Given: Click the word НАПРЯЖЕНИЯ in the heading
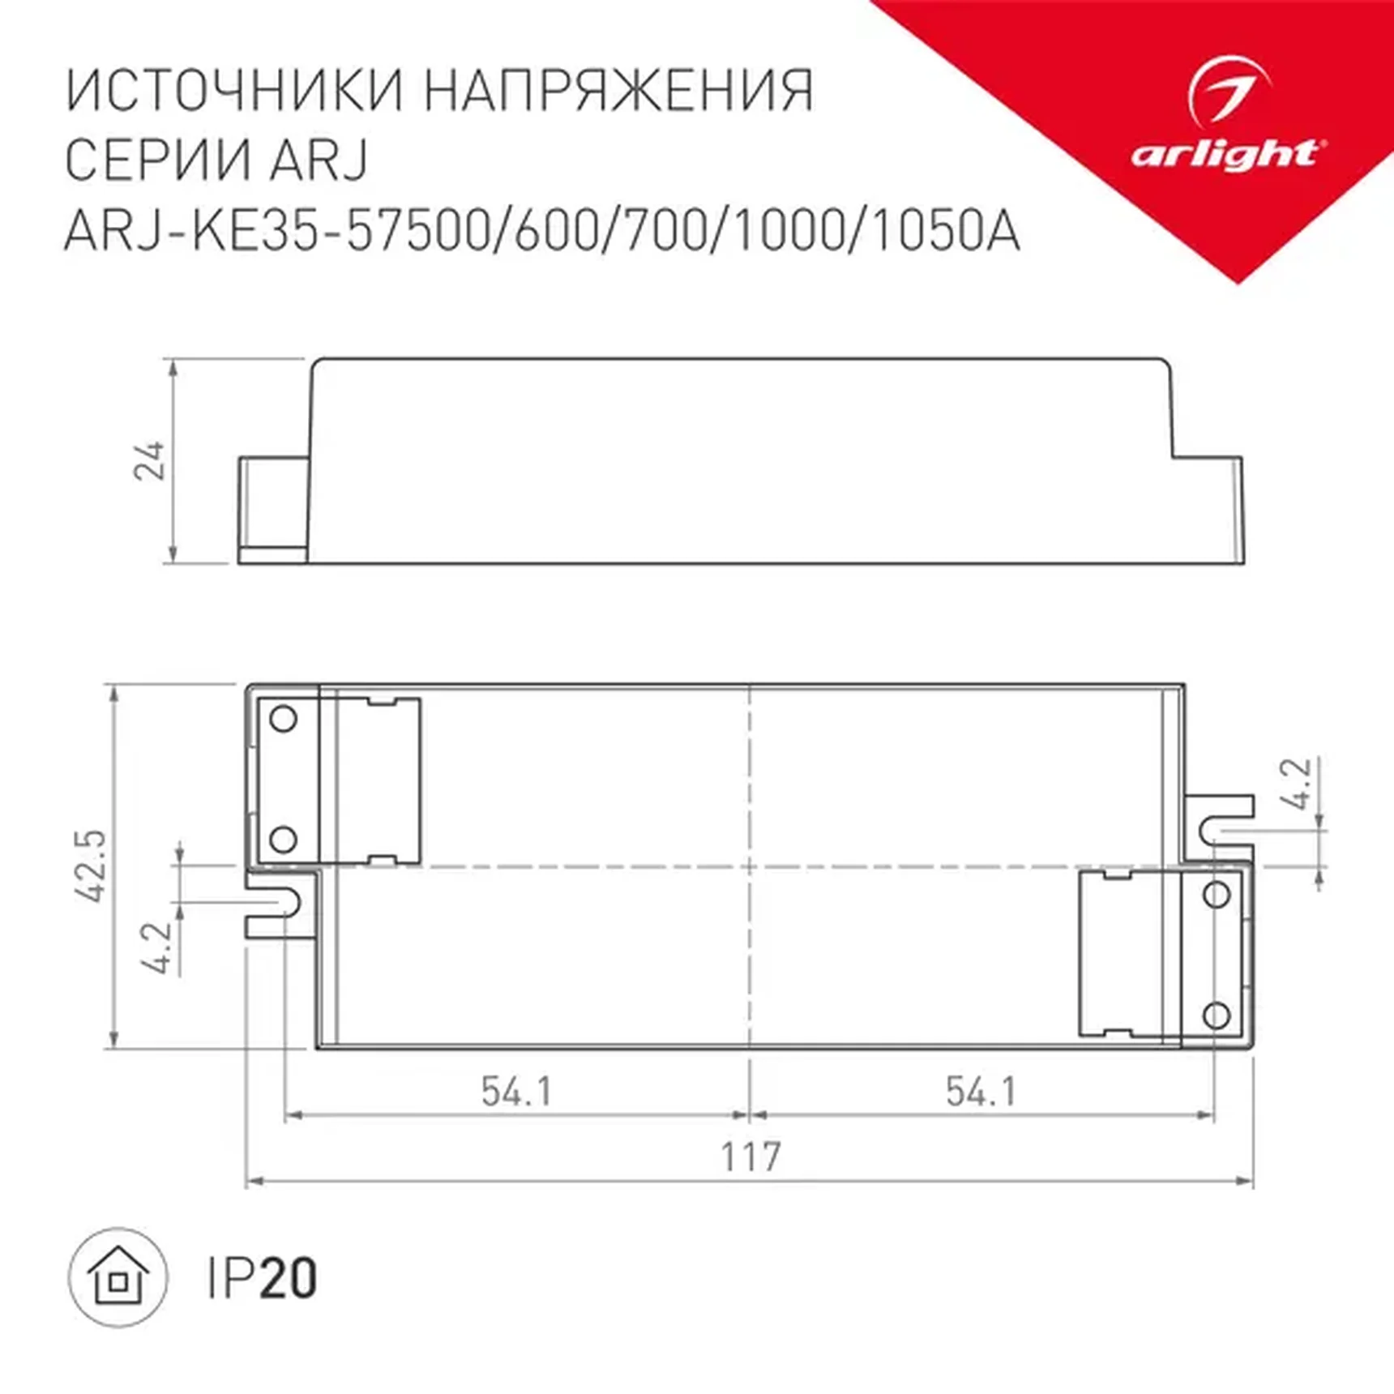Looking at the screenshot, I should (x=619, y=90).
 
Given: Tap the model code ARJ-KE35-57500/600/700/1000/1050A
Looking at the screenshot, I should (x=541, y=232).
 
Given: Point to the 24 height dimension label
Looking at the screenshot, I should (x=150, y=461).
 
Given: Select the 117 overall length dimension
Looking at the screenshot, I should (x=751, y=1157).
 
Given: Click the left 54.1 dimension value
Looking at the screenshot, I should (x=516, y=1092).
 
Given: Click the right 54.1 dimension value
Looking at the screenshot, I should (x=981, y=1092).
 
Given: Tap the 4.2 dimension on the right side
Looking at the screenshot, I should (x=1297, y=784).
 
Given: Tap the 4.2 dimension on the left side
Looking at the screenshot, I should (x=157, y=947).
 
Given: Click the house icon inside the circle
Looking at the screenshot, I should (x=119, y=1278).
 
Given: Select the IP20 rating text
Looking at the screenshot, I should (x=262, y=1279).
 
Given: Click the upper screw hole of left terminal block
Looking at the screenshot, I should (x=283, y=719).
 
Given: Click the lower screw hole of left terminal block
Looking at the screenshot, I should (x=283, y=839).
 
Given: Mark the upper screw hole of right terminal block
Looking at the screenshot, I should (x=1216, y=894).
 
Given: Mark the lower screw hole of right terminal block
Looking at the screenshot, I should (x=1216, y=1015).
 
